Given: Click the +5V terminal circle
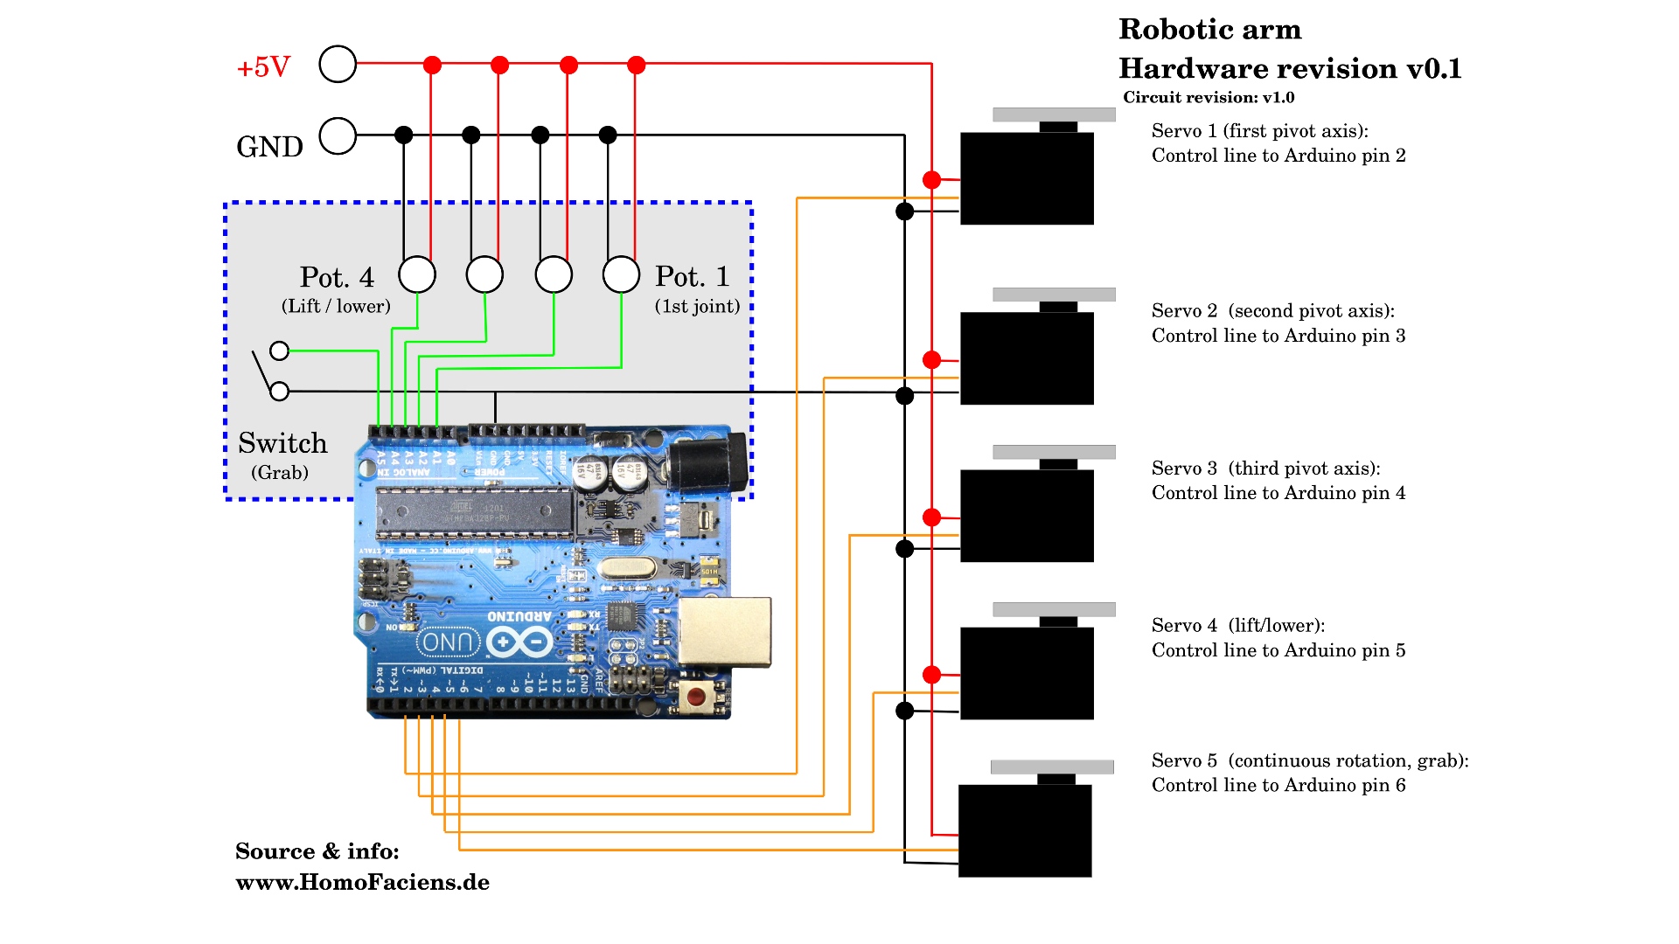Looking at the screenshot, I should click(338, 64).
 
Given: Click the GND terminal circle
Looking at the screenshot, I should click(338, 136).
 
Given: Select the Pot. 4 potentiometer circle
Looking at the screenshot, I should click(417, 274).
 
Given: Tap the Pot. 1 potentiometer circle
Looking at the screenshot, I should click(621, 274).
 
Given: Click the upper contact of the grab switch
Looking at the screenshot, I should click(279, 351).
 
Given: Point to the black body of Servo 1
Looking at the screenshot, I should click(1027, 178).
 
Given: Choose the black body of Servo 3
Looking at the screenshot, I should click(1027, 516).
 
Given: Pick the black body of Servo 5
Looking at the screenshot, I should click(1025, 830).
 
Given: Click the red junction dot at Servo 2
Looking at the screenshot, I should click(932, 359).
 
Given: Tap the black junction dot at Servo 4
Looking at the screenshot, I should click(905, 711).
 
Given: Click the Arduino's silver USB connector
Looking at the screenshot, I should click(725, 632).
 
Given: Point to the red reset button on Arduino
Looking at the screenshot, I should click(695, 697).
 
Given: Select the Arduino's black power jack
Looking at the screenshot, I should click(706, 463).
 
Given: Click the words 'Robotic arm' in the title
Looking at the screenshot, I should click(1209, 30).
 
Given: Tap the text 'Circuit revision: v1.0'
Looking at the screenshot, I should click(1209, 97).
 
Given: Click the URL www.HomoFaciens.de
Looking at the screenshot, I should click(362, 882).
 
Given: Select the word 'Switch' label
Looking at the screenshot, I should click(282, 443).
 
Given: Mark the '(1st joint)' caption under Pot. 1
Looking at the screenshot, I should click(697, 306).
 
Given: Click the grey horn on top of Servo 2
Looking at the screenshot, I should click(1054, 295).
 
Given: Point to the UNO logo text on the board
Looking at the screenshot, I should click(449, 642).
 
